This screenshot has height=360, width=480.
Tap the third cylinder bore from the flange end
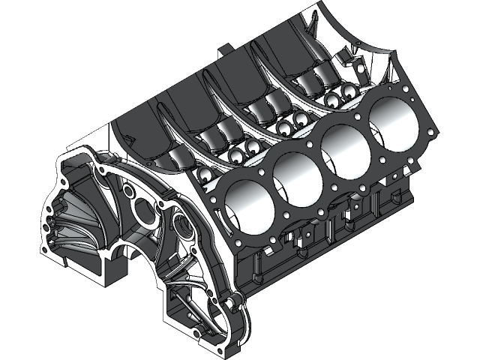pos(346,148)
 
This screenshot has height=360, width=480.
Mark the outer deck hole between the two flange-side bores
pos(280,220)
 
